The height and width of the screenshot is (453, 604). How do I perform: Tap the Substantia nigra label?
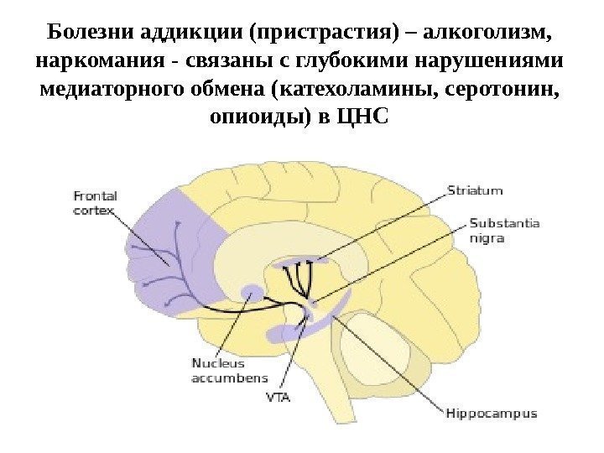click(x=504, y=231)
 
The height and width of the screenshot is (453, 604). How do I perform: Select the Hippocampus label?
click(x=491, y=414)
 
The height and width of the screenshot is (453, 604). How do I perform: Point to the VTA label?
click(x=278, y=398)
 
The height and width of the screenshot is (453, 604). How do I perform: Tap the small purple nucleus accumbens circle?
click(x=251, y=293)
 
